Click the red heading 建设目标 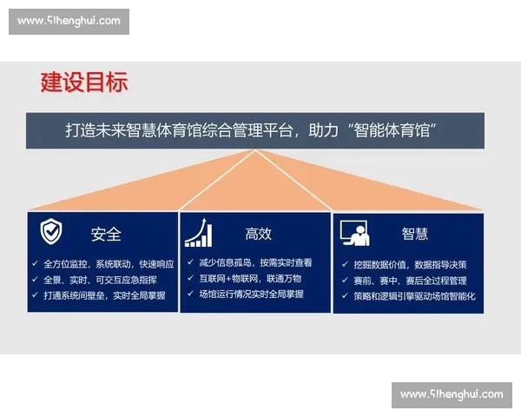pyautogui.click(x=84, y=82)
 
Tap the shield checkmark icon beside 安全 pyautogui.click(x=51, y=232)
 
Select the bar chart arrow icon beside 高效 pyautogui.click(x=199, y=233)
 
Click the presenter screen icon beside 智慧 pyautogui.click(x=355, y=233)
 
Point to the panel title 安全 pyautogui.click(x=106, y=234)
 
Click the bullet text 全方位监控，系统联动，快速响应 pyautogui.click(x=109, y=263)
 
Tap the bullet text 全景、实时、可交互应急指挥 pyautogui.click(x=100, y=279)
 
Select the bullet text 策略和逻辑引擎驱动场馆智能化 pyautogui.click(x=415, y=296)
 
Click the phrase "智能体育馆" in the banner pyautogui.click(x=390, y=130)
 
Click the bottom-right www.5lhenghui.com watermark pyautogui.click(x=452, y=394)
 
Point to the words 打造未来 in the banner pyautogui.click(x=96, y=130)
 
